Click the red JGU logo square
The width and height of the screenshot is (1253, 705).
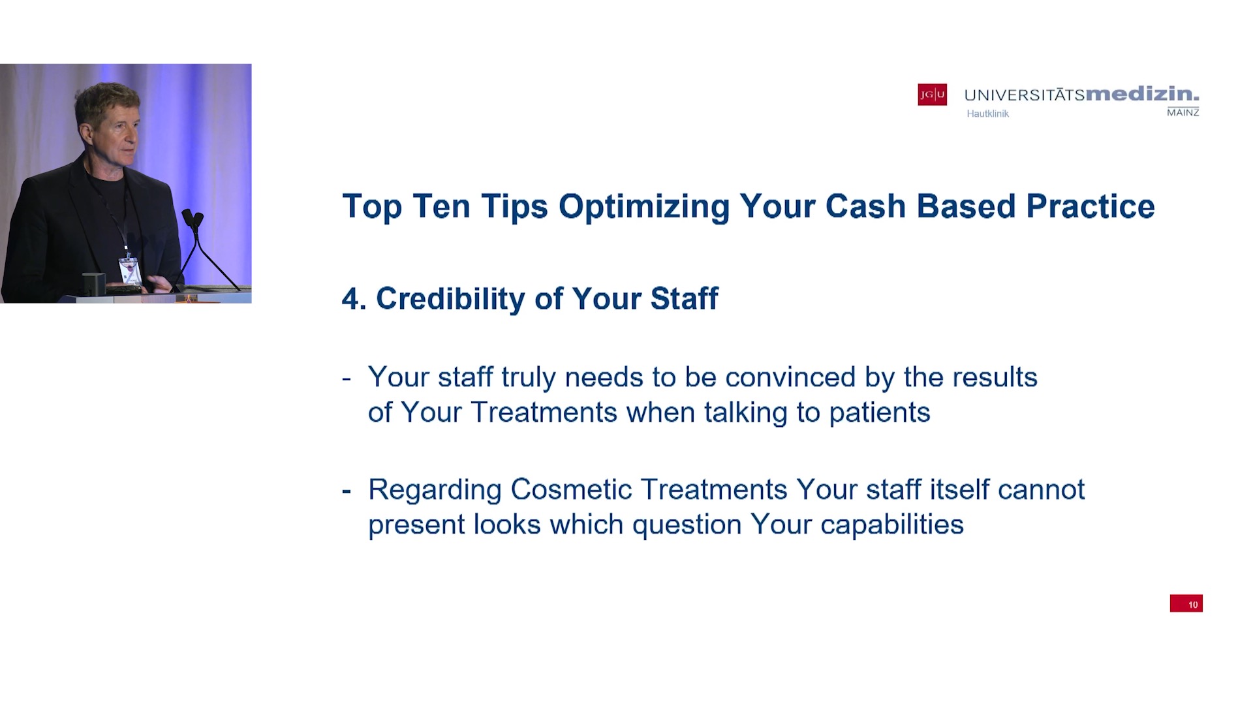tap(932, 95)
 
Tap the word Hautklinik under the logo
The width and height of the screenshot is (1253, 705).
tap(987, 114)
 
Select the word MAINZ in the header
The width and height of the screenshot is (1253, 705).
tap(1183, 112)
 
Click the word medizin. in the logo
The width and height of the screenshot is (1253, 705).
tap(1142, 94)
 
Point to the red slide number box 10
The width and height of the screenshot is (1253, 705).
tap(1186, 604)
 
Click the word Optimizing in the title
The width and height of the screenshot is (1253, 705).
tap(644, 207)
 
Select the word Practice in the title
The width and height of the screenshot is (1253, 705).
tap(1091, 206)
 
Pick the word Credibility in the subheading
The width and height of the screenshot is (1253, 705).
tap(451, 299)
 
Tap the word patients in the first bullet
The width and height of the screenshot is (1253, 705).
tap(880, 413)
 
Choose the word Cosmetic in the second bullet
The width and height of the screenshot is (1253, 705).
tap(571, 490)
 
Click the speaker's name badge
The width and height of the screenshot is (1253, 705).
tap(129, 270)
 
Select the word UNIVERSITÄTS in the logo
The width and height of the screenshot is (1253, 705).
tap(1025, 95)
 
